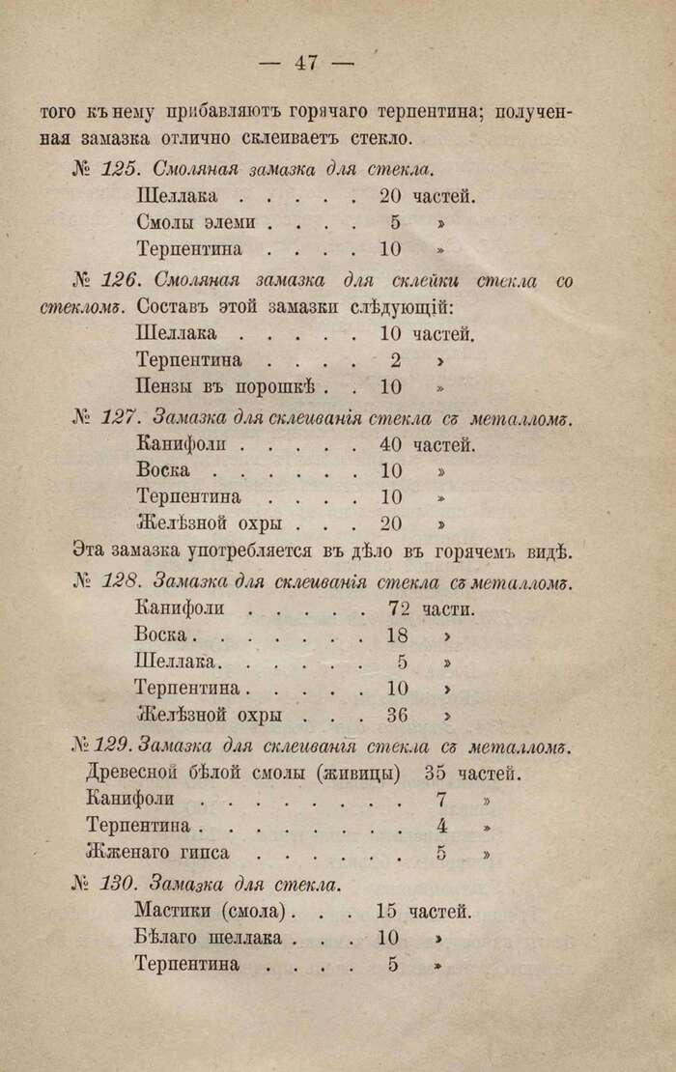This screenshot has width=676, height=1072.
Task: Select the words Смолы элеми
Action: (x=196, y=222)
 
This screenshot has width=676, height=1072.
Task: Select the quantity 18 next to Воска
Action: (x=396, y=636)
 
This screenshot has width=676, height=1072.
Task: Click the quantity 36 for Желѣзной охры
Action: (x=396, y=717)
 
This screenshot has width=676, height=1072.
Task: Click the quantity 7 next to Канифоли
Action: (x=441, y=801)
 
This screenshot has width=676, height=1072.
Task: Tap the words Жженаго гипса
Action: (x=157, y=854)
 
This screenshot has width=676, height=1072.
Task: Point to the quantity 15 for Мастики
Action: (x=386, y=910)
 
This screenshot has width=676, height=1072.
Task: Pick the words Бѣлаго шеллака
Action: (x=209, y=937)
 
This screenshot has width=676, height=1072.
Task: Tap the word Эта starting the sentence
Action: (x=91, y=553)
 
